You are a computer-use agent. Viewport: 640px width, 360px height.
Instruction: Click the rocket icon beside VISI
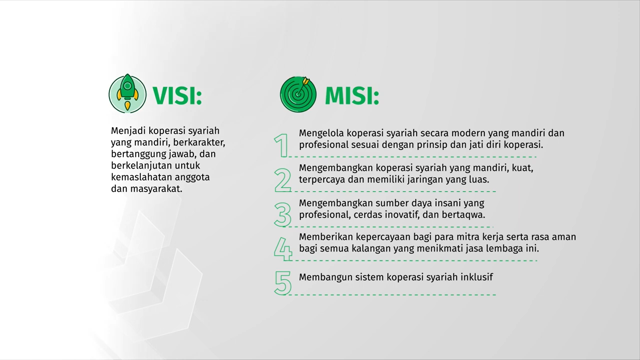(127, 94)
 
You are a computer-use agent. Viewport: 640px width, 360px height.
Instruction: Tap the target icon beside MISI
(298, 94)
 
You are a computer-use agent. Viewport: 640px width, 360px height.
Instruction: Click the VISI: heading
(177, 96)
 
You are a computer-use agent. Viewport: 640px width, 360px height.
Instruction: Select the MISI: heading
(352, 96)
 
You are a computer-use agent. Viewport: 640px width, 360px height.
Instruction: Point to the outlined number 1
(281, 145)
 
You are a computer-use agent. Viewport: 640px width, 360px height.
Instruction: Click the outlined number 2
(283, 180)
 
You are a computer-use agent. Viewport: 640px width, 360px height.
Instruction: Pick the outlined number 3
(283, 214)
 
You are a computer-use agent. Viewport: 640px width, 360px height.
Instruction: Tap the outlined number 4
(283, 249)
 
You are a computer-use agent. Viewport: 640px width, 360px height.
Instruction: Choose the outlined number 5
(283, 283)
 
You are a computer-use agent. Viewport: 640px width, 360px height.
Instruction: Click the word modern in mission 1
(469, 133)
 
